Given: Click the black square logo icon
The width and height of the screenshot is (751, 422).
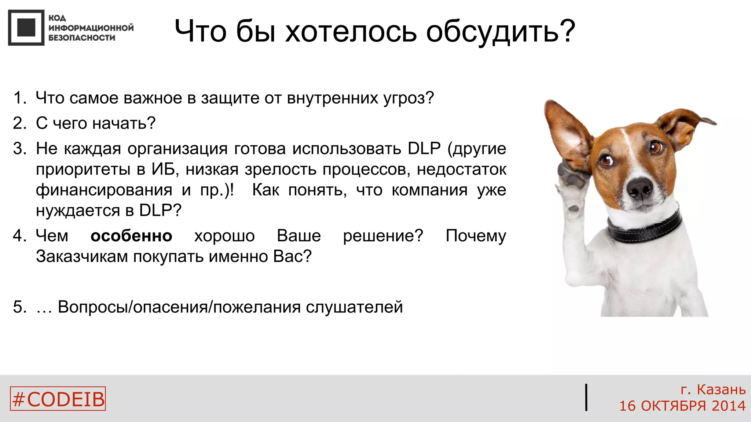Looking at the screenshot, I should (26, 27).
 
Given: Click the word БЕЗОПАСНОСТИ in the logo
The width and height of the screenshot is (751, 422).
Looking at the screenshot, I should (81, 38).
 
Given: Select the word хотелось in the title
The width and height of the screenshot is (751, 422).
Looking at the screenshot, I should (351, 32).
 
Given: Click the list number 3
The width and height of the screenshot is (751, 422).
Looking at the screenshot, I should (19, 149).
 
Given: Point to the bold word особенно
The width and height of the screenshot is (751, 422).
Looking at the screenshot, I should (131, 236).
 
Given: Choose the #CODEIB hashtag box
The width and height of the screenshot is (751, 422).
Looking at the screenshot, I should (58, 399).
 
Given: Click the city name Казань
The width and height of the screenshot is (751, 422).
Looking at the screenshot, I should (721, 389).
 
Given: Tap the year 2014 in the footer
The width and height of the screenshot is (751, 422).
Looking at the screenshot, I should (728, 406).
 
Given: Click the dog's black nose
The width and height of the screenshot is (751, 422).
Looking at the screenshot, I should (640, 188).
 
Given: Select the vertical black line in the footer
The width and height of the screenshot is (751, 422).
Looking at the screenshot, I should (586, 397).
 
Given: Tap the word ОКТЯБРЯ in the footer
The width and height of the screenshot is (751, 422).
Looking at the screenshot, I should (673, 406).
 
